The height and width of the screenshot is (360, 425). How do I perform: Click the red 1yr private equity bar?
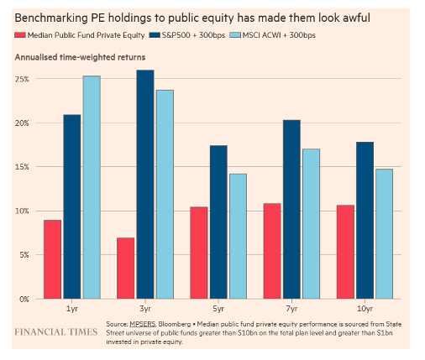52,259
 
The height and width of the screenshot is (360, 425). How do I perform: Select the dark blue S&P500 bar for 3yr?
145,185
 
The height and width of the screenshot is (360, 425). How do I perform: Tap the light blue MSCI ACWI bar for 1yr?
92,187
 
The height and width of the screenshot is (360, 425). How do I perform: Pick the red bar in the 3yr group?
126,269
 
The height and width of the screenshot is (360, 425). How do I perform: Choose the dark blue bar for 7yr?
291,209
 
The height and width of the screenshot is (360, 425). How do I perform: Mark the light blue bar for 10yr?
385,234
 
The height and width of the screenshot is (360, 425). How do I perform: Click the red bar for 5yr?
199,253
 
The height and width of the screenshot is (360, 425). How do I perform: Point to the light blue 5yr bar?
239,237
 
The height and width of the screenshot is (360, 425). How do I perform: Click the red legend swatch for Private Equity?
20,35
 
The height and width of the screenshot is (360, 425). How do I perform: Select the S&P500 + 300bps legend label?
193,35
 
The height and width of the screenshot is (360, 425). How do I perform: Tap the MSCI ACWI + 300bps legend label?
279,35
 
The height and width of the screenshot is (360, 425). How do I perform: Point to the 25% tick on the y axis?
22,79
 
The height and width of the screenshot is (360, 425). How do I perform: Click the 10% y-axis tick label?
22,211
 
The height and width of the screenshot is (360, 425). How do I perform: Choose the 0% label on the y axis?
24,299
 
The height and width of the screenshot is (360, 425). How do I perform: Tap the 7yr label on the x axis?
291,309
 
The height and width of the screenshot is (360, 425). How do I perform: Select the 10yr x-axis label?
365,309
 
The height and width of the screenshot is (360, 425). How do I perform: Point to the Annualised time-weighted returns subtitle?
80,57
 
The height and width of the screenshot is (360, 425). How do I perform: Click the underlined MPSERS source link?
142,324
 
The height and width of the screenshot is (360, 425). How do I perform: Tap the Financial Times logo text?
56,332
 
